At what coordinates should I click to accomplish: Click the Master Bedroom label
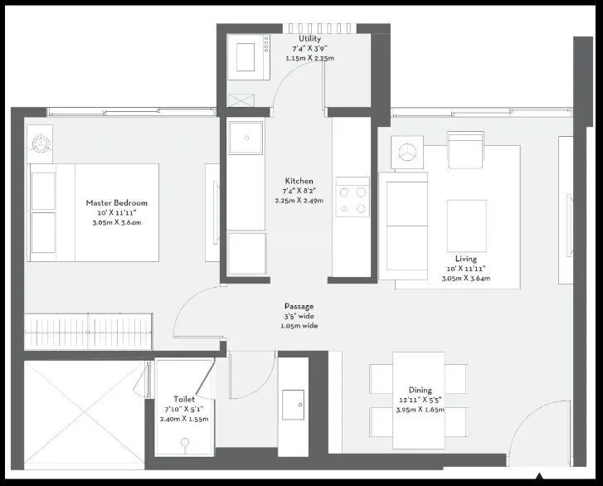(117, 202)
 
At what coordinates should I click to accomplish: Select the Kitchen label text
(299, 181)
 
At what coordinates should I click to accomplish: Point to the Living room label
(466, 259)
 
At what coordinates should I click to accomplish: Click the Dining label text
(420, 390)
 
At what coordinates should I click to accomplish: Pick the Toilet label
(184, 400)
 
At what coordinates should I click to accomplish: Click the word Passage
(299, 307)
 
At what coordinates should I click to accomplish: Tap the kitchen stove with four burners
(353, 198)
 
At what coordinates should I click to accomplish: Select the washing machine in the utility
(246, 57)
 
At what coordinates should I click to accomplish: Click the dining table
(418, 395)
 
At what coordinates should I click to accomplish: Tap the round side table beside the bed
(39, 143)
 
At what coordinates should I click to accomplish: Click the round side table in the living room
(406, 152)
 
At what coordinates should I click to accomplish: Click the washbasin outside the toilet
(293, 405)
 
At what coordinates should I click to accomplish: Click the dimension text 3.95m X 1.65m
(420, 410)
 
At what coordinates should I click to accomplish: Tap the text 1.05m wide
(299, 326)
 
